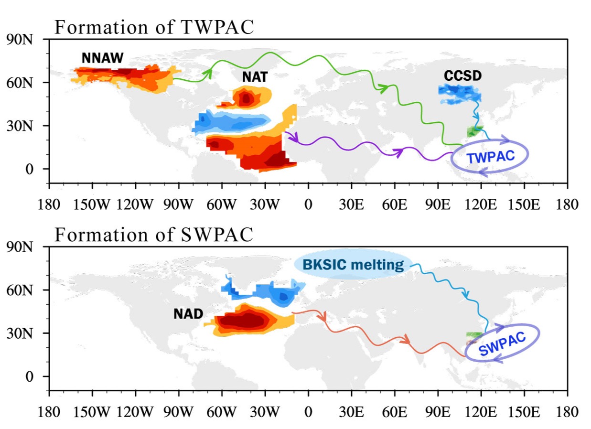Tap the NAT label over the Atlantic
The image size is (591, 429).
tap(255, 76)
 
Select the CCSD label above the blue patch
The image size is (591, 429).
tap(462, 76)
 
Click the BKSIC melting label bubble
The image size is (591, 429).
tap(353, 264)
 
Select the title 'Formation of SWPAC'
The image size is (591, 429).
tap(154, 235)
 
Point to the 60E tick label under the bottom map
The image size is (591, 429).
tap(395, 411)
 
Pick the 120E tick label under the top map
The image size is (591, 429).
tap(481, 204)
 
